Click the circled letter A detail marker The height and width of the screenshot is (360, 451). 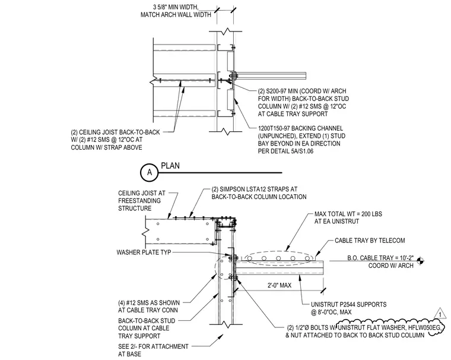click(x=150, y=172)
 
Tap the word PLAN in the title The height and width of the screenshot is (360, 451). click(x=170, y=166)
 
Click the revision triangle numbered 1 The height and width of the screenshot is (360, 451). click(x=440, y=313)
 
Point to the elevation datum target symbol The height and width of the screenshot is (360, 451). click(x=420, y=261)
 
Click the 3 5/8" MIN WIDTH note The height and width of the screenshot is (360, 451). click(x=176, y=11)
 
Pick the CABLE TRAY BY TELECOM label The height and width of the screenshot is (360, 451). click(x=370, y=241)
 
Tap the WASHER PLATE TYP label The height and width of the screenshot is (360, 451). click(x=144, y=252)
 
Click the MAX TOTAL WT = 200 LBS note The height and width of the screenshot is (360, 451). click(x=348, y=218)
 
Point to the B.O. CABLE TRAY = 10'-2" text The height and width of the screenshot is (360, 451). click(x=380, y=258)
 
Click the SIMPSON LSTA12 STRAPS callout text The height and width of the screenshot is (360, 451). click(x=259, y=193)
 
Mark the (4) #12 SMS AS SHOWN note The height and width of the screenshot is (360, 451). click(x=149, y=307)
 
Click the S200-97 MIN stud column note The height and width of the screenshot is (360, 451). click(x=303, y=103)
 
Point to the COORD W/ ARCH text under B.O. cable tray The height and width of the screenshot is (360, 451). click(x=391, y=266)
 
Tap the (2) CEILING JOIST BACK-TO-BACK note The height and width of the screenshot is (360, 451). click(x=115, y=140)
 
